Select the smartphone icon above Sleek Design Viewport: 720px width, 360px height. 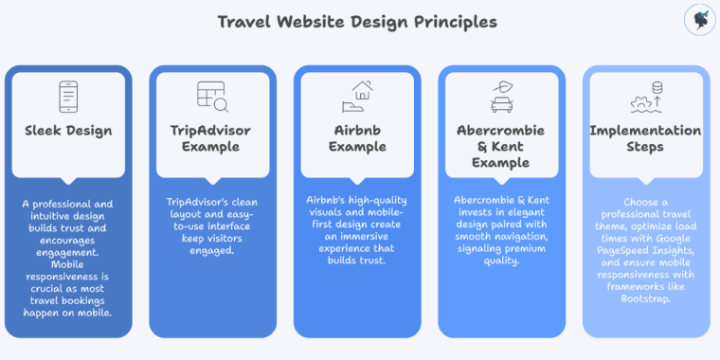click(68, 96)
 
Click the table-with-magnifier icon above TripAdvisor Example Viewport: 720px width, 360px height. click(212, 96)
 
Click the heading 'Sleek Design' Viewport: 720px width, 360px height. click(68, 131)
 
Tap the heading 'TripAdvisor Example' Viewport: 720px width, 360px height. click(212, 139)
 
